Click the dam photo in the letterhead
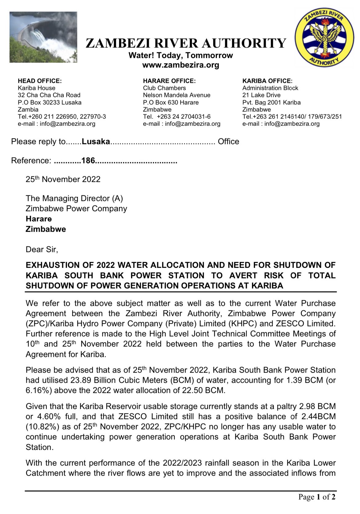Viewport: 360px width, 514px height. click(x=43, y=37)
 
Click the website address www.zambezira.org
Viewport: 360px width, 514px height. click(x=181, y=65)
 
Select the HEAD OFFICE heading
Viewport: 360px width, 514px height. click(x=40, y=81)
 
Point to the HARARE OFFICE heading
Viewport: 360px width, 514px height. click(x=169, y=81)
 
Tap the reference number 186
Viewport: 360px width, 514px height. click(x=88, y=161)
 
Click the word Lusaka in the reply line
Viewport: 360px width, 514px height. click(x=96, y=141)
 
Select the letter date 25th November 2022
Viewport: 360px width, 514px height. click(x=63, y=179)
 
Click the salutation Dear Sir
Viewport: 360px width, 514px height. click(x=42, y=249)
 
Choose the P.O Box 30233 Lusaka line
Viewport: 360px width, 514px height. click(x=50, y=102)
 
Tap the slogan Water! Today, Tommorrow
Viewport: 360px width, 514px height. click(x=181, y=55)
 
